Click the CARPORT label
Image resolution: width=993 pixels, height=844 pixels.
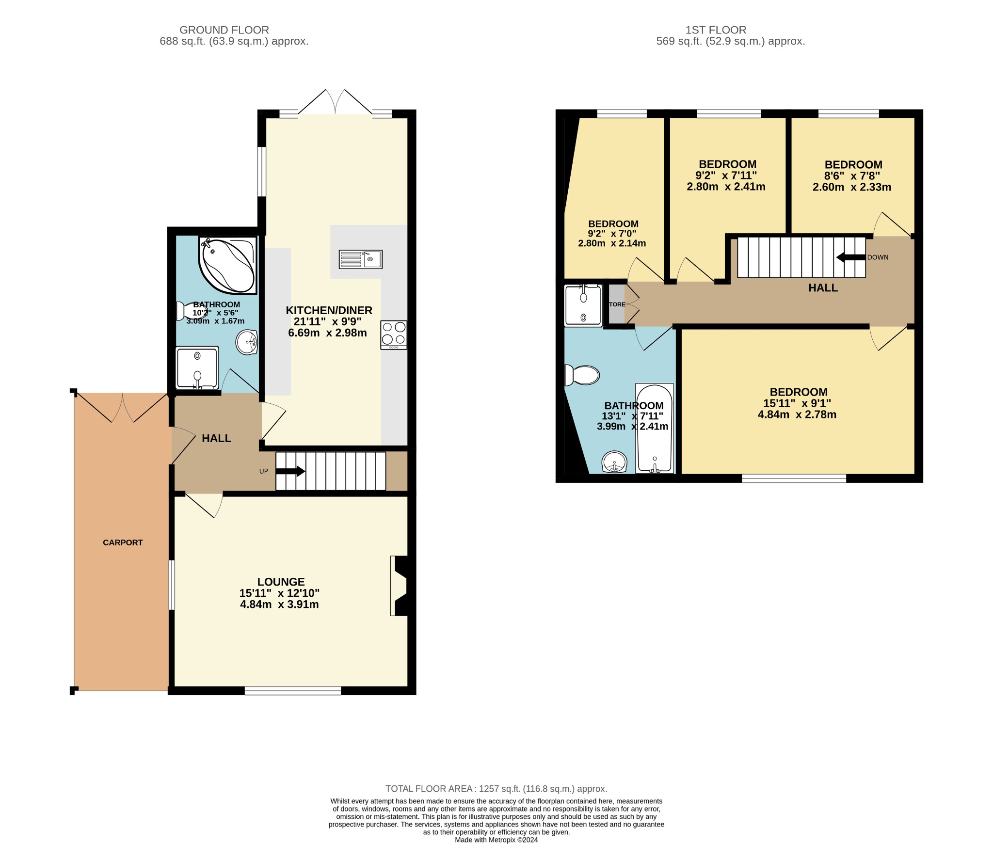pyautogui.click(x=123, y=542)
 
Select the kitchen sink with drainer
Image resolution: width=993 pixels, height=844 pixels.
pyautogui.click(x=360, y=259)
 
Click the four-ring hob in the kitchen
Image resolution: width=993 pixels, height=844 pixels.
pyautogui.click(x=394, y=334)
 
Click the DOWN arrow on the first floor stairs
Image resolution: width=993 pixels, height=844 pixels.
pyautogui.click(x=850, y=257)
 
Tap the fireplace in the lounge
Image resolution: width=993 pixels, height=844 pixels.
pyautogui.click(x=400, y=586)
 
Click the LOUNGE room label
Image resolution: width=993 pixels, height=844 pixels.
pyautogui.click(x=281, y=582)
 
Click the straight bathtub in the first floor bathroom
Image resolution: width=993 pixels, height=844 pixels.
pyautogui.click(x=654, y=429)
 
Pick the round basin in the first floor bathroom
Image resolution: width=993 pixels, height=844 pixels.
pyautogui.click(x=614, y=462)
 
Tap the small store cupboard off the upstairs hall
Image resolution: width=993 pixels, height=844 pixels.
pyautogui.click(x=617, y=304)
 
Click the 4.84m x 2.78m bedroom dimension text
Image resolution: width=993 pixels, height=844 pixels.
pyautogui.click(x=797, y=414)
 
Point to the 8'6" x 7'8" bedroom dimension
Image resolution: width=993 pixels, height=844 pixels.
pyautogui.click(x=852, y=176)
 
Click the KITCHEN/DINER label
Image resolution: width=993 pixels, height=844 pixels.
pyautogui.click(x=329, y=310)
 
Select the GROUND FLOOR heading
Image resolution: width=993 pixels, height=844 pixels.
pyautogui.click(x=224, y=30)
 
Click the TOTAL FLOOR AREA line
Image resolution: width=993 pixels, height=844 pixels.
pyautogui.click(x=496, y=789)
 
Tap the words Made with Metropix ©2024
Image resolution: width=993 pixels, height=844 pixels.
pyautogui.click(x=496, y=840)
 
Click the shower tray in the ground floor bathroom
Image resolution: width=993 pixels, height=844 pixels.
pyautogui.click(x=197, y=368)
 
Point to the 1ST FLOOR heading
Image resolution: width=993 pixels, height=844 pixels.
pyautogui.click(x=715, y=30)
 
